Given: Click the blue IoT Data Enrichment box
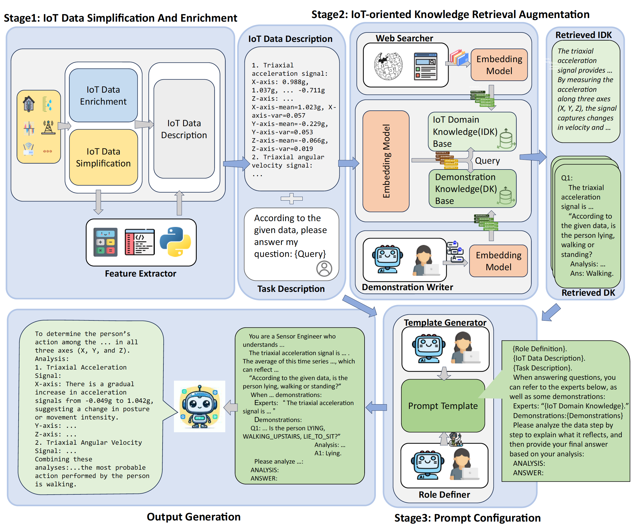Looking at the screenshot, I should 103,95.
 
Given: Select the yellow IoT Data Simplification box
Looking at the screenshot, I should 103,157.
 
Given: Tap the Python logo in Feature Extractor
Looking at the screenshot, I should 175,242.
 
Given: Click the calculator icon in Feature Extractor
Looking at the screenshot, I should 105,242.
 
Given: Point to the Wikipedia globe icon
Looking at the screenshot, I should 388,66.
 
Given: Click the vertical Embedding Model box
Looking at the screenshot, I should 386,161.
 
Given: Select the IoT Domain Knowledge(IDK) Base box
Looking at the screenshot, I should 472,132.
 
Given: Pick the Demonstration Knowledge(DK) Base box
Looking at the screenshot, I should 472,189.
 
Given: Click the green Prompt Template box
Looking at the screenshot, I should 443,406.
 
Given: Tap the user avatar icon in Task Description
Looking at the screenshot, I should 324,268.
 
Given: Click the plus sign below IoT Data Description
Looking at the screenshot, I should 291,198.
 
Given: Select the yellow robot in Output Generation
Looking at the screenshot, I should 199,406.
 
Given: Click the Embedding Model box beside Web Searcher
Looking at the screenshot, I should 499,65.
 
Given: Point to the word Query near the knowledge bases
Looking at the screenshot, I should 487,161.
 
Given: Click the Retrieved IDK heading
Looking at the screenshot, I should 583,35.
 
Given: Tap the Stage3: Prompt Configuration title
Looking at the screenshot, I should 467,518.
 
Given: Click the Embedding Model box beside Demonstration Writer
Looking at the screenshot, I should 498,261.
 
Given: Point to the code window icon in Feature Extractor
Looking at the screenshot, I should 140,242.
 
